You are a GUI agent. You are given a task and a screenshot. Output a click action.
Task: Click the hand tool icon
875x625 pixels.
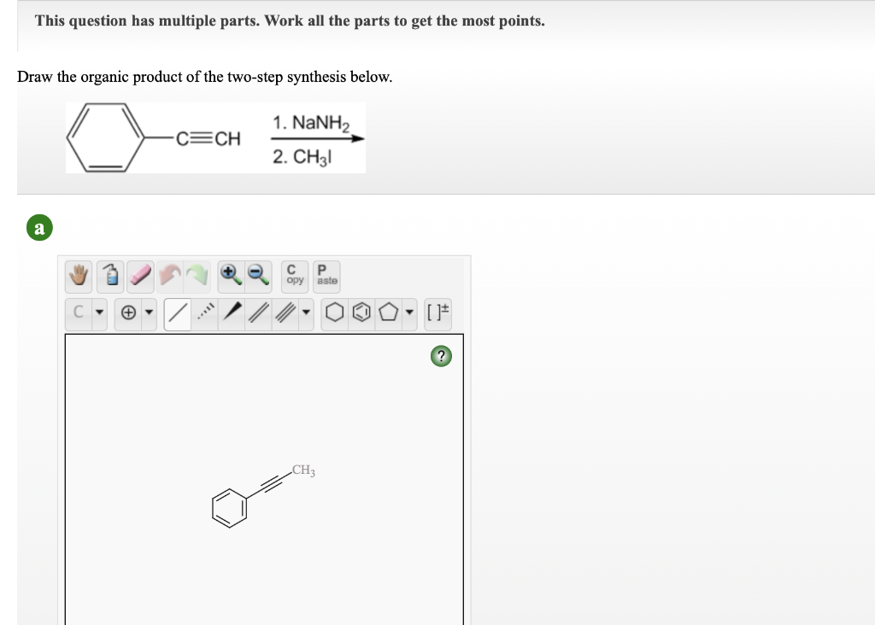coord(80,275)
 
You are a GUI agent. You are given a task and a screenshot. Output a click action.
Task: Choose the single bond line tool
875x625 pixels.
coord(177,315)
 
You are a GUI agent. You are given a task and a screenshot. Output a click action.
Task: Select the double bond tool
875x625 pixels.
coord(257,315)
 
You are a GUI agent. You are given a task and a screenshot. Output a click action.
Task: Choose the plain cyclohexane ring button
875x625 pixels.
coord(332,315)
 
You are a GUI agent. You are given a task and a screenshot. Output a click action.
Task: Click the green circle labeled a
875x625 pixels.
coord(39,228)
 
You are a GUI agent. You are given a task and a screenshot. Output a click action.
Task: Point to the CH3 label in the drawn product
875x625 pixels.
coord(302,470)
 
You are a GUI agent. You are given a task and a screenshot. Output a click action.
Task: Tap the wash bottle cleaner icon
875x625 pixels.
coord(111,275)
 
